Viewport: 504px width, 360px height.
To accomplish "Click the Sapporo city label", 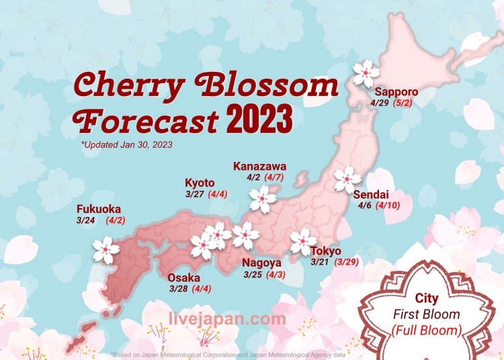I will coord(396,92).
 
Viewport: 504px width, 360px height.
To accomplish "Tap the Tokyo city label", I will coord(325,251).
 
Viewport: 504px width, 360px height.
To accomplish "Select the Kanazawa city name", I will coord(259,166).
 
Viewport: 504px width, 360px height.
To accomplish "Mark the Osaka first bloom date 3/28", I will coord(178,289).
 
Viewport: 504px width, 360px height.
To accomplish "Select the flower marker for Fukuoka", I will coord(106,250).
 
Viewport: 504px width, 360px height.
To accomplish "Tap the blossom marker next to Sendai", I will coord(348,179).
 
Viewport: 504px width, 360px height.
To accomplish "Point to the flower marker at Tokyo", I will coord(303,242).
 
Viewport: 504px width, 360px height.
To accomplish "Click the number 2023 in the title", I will coord(259,120).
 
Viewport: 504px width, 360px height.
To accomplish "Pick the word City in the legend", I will coord(427,299).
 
